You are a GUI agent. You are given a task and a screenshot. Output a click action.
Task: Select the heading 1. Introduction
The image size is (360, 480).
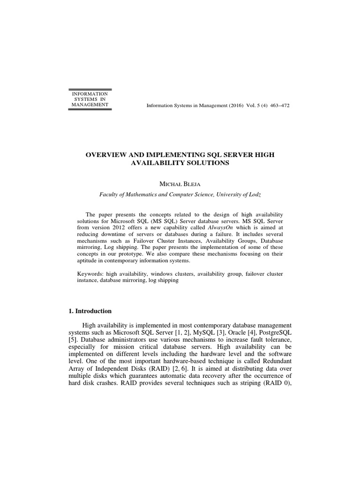click(x=90, y=311)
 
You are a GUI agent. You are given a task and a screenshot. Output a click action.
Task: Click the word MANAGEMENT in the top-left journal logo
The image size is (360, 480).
click(x=90, y=105)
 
